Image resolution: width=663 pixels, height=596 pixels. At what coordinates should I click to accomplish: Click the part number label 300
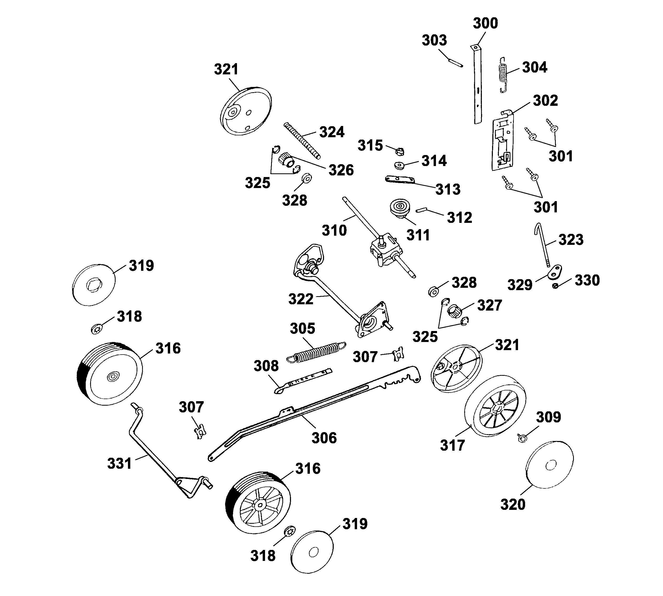coord(485,23)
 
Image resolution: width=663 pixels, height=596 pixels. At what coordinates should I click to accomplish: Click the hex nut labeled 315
coord(399,152)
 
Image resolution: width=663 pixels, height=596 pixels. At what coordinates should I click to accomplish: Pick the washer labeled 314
coord(399,165)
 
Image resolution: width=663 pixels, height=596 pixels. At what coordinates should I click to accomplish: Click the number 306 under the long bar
coord(324,438)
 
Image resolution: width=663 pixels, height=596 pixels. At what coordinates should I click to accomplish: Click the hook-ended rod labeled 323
coord(543,244)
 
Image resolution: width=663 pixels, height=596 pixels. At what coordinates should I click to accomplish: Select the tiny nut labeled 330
coord(555,286)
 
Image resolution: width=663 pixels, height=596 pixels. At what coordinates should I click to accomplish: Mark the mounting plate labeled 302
coord(502,141)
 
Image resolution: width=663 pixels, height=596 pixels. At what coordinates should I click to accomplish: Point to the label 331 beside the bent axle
coord(119,464)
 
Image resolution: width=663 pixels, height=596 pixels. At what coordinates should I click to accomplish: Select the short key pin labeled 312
coord(421,210)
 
